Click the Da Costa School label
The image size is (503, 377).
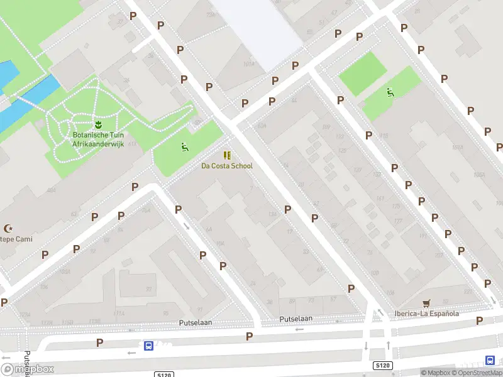coord(227,166)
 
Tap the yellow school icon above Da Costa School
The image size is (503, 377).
coord(227,155)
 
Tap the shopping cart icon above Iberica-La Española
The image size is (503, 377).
coord(427,303)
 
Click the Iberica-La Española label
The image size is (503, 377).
coord(427,314)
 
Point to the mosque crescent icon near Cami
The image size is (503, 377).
coord(9,229)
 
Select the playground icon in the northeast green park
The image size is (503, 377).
coord(390,92)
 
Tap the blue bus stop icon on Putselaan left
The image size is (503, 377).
coord(149,346)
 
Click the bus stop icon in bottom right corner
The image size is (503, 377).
coord(490,360)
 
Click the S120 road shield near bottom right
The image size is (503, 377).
coord(382,365)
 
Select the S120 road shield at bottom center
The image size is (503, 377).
coord(163,374)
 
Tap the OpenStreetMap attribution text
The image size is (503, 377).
coord(477,373)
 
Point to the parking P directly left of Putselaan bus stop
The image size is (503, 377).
coord(99,342)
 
